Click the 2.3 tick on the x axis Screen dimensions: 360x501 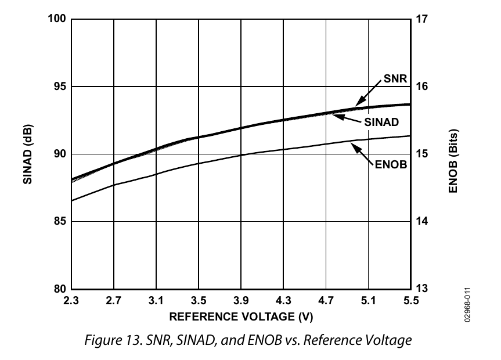[x=71, y=301]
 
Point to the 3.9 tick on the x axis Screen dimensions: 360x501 [x=242, y=301]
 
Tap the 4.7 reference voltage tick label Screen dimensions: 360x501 [x=326, y=301]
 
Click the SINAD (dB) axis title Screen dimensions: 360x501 [x=27, y=154]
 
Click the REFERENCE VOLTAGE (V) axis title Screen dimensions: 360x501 [x=242, y=318]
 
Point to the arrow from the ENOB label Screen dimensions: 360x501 [x=363, y=152]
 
